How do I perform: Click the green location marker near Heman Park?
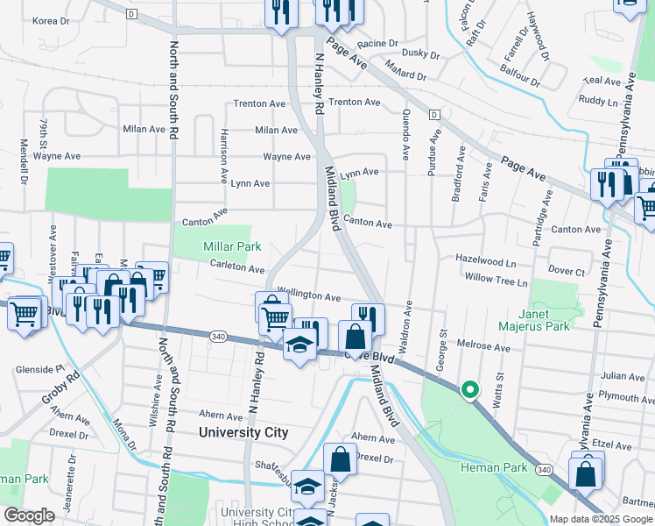[x=469, y=390]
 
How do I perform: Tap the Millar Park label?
[x=232, y=248]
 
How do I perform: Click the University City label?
[x=243, y=432]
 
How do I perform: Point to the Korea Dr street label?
[x=50, y=20]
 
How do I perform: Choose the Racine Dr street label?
[x=377, y=42]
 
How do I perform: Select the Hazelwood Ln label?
[x=485, y=260]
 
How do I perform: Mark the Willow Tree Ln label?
[x=497, y=282]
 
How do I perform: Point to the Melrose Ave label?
[x=482, y=348]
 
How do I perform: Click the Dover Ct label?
[x=566, y=272]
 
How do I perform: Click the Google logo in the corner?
[x=28, y=515]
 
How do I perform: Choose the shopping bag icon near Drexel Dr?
[x=340, y=459]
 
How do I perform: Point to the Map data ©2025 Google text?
[x=601, y=518]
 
